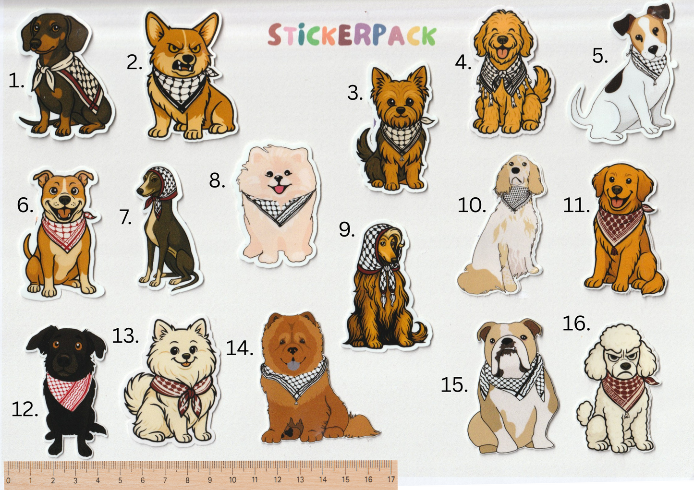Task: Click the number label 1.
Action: [x=16, y=80]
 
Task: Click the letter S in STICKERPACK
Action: [x=274, y=35]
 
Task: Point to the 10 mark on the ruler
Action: [x=232, y=480]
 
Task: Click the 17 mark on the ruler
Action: [x=391, y=479]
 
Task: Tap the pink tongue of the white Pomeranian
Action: [x=279, y=190]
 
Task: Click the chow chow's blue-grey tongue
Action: [x=293, y=366]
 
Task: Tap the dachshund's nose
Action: [x=34, y=46]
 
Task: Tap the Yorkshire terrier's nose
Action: [x=401, y=110]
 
